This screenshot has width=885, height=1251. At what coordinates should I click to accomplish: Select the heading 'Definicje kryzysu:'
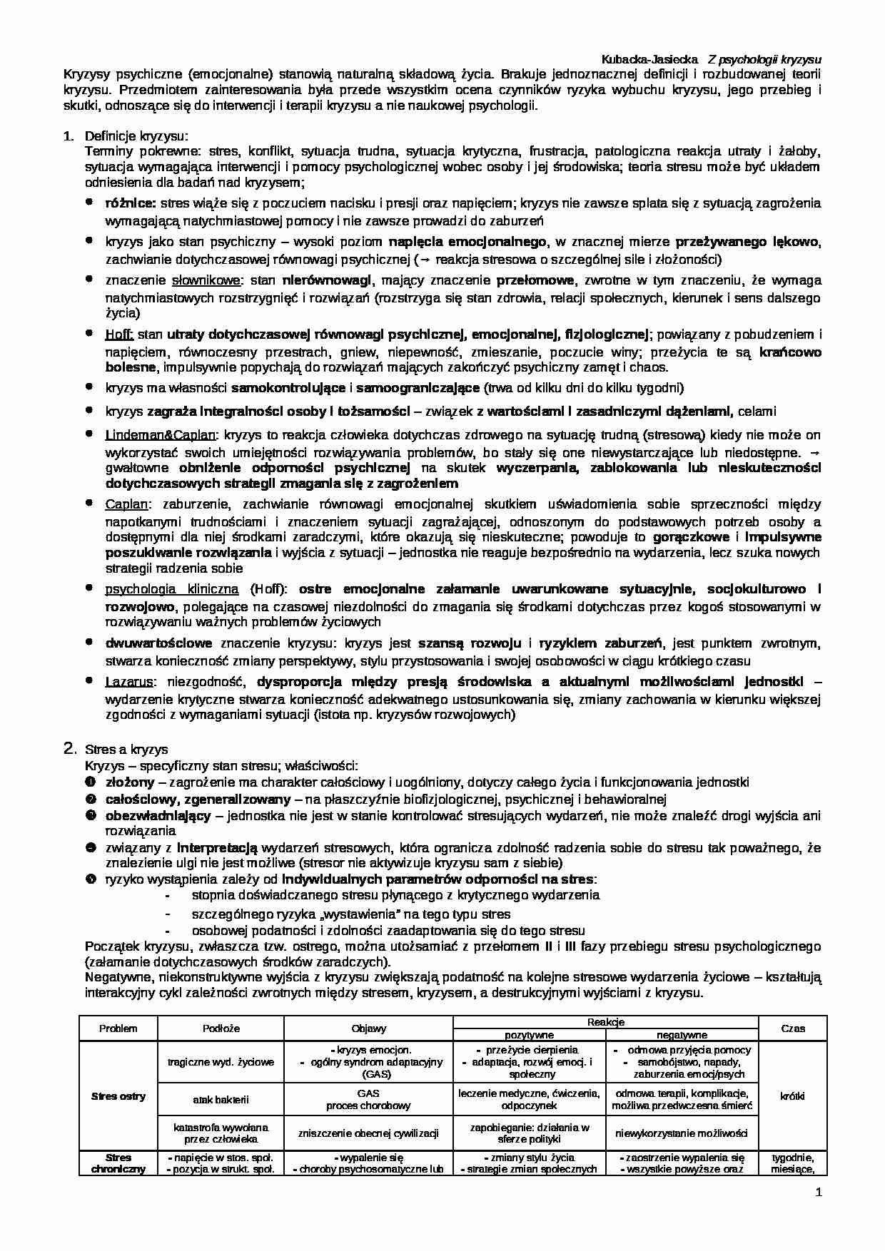pyautogui.click(x=136, y=136)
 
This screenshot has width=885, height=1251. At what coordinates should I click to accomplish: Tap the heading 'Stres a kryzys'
pyautogui.click(x=126, y=749)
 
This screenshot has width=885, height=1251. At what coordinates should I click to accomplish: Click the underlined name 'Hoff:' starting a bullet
pyautogui.click(x=119, y=334)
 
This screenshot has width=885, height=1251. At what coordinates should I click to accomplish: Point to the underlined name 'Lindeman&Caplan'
pyautogui.click(x=161, y=434)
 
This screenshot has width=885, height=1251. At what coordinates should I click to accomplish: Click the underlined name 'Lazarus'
pyautogui.click(x=129, y=681)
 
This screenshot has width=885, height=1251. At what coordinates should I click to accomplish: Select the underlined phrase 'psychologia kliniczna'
pyautogui.click(x=172, y=589)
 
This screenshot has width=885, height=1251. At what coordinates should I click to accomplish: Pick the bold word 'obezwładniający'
pyautogui.click(x=158, y=815)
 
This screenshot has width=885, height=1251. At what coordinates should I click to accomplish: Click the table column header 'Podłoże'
pyautogui.click(x=221, y=1028)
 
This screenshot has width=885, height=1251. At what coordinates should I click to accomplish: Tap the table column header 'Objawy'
pyautogui.click(x=368, y=1028)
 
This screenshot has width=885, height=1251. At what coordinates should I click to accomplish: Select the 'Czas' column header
pyautogui.click(x=792, y=1028)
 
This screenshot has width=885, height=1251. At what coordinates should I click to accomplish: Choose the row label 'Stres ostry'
pyautogui.click(x=118, y=1096)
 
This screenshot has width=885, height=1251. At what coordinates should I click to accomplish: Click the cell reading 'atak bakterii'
pyautogui.click(x=221, y=1099)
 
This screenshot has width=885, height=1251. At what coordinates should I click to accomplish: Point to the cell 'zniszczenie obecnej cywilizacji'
pyautogui.click(x=368, y=1133)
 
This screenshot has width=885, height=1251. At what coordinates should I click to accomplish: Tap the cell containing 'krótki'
pyautogui.click(x=792, y=1096)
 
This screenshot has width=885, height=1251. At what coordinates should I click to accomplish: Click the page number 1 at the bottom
pyautogui.click(x=819, y=1193)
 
